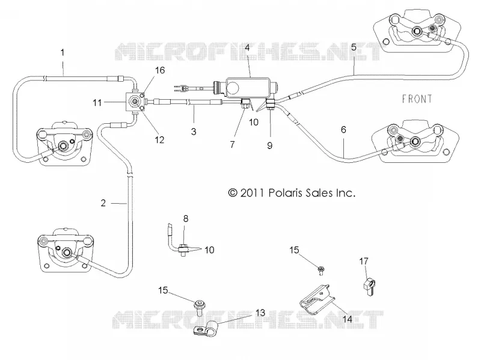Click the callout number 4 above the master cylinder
(x=247, y=48)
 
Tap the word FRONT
(x=417, y=99)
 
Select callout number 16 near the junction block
(x=160, y=70)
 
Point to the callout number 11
(x=97, y=102)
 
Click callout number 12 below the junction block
(x=159, y=140)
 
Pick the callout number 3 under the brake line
(x=194, y=132)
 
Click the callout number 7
(x=232, y=144)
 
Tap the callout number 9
(x=269, y=145)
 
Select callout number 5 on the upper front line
(x=354, y=47)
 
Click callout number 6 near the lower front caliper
(x=343, y=130)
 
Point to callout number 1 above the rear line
(x=63, y=52)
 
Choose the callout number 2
(x=103, y=203)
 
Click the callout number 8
(x=186, y=219)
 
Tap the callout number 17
(x=364, y=261)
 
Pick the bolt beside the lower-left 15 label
(x=200, y=308)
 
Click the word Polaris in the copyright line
(x=283, y=193)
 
